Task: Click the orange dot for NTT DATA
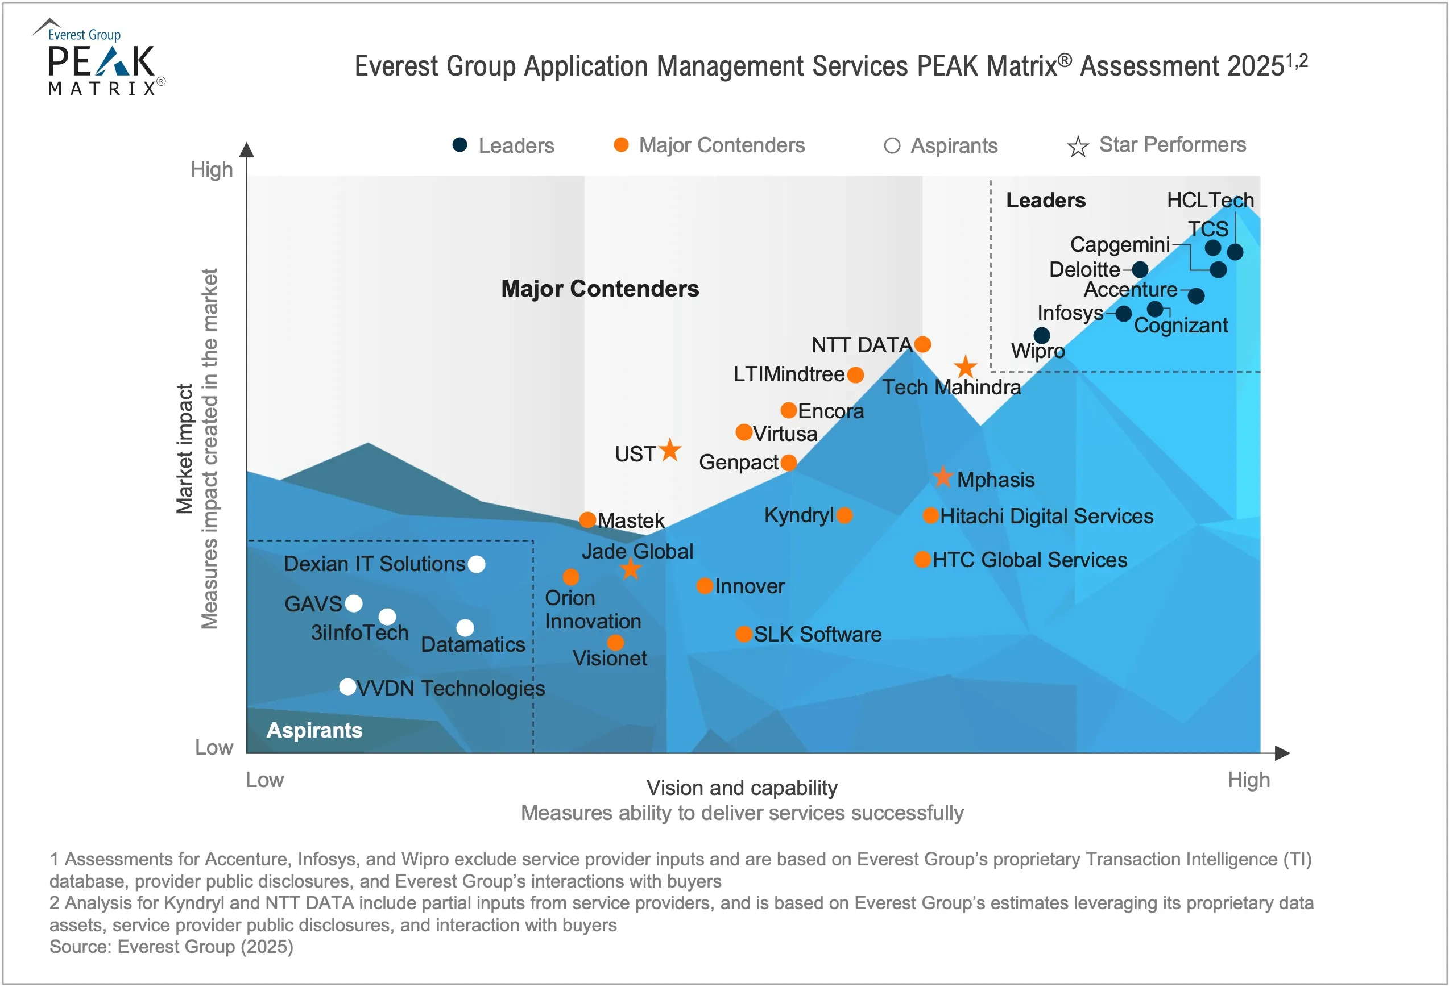(x=922, y=344)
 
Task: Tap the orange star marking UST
(x=670, y=450)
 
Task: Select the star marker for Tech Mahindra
(x=965, y=367)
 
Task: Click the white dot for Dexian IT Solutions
(x=477, y=564)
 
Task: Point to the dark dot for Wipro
(x=1041, y=335)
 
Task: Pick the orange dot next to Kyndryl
(x=844, y=515)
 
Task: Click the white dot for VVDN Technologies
(x=348, y=686)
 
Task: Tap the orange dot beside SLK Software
(x=743, y=634)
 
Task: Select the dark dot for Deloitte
(x=1140, y=269)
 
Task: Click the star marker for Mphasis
(x=943, y=477)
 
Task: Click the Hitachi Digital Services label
(x=1046, y=516)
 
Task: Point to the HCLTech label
(x=1210, y=200)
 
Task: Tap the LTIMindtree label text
(x=788, y=374)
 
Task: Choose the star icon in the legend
(x=1078, y=147)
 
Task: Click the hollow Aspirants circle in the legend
(x=892, y=146)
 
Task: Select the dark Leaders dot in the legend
(x=459, y=144)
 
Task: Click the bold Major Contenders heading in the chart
(x=600, y=289)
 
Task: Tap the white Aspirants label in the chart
(x=314, y=730)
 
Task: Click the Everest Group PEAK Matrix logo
(x=100, y=59)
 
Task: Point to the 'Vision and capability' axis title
(x=742, y=788)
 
